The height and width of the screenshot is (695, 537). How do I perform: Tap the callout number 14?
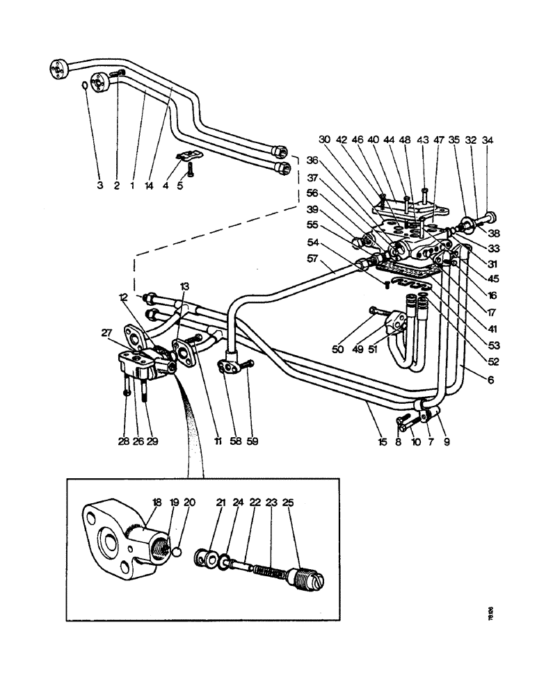[149, 186]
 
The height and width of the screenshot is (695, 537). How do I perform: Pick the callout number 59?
[253, 441]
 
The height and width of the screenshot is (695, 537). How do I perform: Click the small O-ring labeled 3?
[83, 86]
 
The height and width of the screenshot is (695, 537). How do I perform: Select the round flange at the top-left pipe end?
[58, 67]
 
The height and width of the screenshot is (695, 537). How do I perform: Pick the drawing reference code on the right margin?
[491, 615]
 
